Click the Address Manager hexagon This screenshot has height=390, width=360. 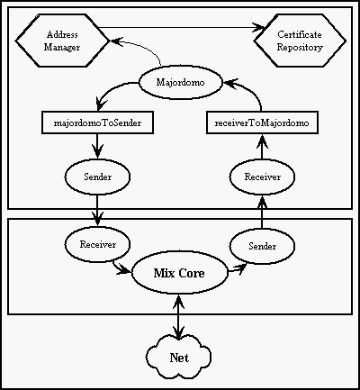[62, 41]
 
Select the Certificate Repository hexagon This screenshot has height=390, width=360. [300, 41]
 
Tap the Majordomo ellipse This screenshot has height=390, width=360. [181, 82]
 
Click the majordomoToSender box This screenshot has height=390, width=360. [97, 122]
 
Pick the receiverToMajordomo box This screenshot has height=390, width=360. [262, 122]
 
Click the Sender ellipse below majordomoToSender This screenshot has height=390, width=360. [97, 177]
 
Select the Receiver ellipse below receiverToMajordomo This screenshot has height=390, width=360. [262, 177]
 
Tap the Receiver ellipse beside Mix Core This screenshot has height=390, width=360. [97, 244]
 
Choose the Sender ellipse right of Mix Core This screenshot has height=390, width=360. [262, 246]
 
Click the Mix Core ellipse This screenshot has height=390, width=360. [179, 273]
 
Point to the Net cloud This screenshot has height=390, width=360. [179, 358]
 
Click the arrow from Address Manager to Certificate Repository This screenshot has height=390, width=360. [182, 28]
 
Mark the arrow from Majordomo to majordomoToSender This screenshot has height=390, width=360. [112, 88]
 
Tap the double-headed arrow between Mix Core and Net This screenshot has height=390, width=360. [179, 317]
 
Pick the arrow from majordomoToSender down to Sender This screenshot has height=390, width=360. [97, 146]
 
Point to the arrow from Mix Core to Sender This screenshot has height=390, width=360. [237, 269]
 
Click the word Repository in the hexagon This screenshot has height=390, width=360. [300, 48]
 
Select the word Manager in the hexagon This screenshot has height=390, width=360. [62, 48]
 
